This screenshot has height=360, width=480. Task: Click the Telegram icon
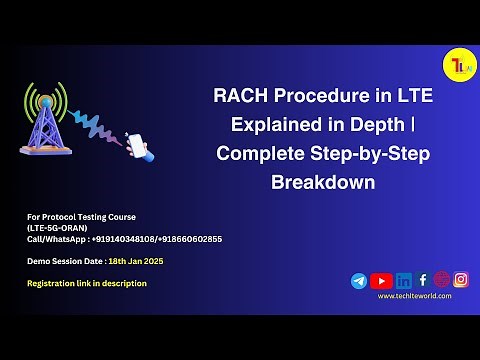(359, 281)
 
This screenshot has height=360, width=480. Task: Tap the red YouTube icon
(381, 281)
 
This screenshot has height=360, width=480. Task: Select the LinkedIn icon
(403, 281)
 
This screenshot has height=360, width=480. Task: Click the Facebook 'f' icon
(423, 280)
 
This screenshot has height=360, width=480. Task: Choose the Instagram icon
(461, 280)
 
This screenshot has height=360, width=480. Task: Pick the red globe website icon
(442, 280)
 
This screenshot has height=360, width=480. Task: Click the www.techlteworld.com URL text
(414, 296)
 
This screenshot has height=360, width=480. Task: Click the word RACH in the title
(237, 97)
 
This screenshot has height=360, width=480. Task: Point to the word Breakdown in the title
(323, 183)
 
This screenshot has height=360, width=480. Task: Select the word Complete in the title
(257, 154)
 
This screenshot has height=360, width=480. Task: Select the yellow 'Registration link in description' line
(87, 283)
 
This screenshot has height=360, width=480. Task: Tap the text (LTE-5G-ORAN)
(57, 228)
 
